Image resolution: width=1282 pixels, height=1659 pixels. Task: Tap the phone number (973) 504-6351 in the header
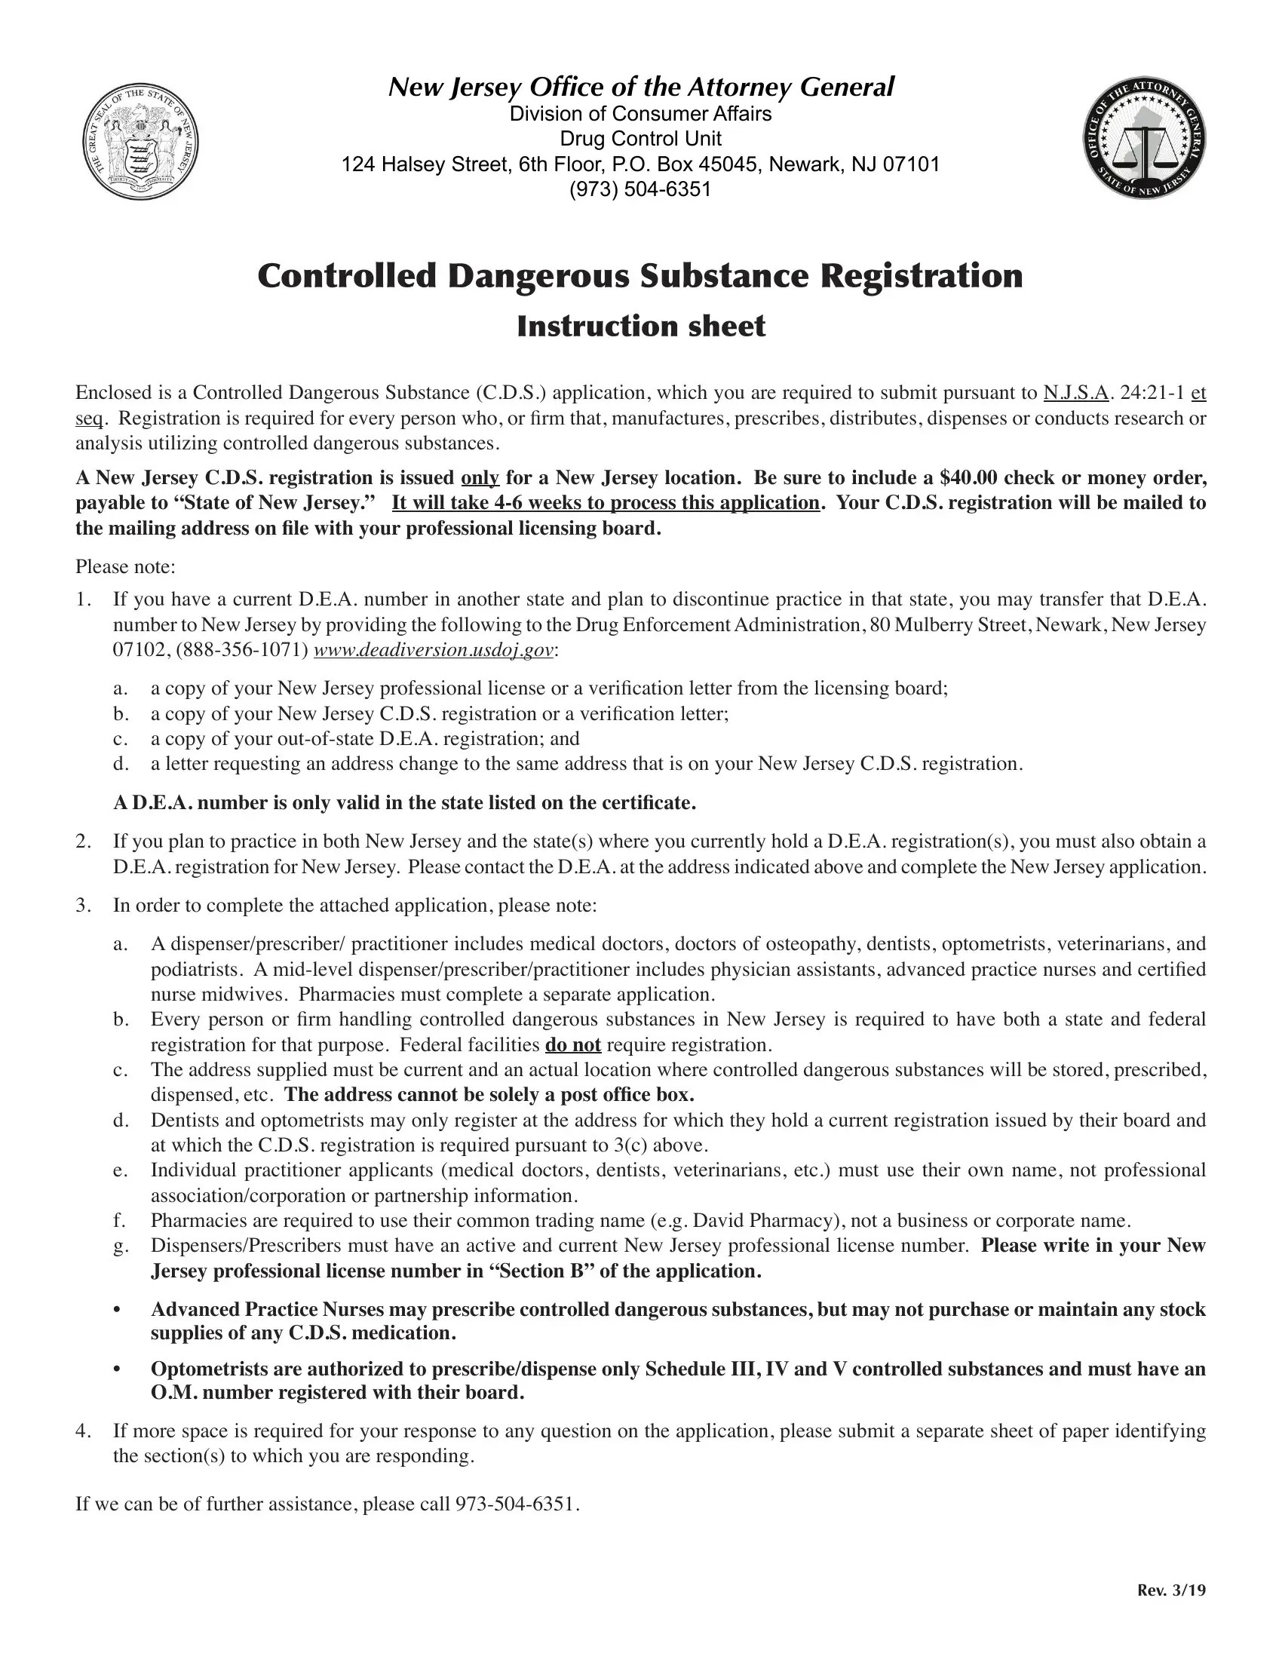coord(640,189)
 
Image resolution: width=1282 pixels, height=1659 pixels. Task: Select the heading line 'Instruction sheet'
coord(640,327)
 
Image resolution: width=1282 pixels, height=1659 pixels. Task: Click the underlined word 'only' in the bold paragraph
coord(480,478)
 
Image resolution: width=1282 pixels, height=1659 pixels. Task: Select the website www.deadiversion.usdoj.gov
coord(434,651)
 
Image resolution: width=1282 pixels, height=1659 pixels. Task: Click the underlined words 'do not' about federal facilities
coord(572,1045)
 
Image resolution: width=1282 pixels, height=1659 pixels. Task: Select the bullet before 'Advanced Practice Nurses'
coord(116,1310)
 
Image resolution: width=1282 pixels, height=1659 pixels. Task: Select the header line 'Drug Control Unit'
coord(640,139)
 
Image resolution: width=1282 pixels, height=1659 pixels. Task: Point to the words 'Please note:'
coord(125,566)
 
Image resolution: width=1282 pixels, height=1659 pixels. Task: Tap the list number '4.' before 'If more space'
coord(83,1431)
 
